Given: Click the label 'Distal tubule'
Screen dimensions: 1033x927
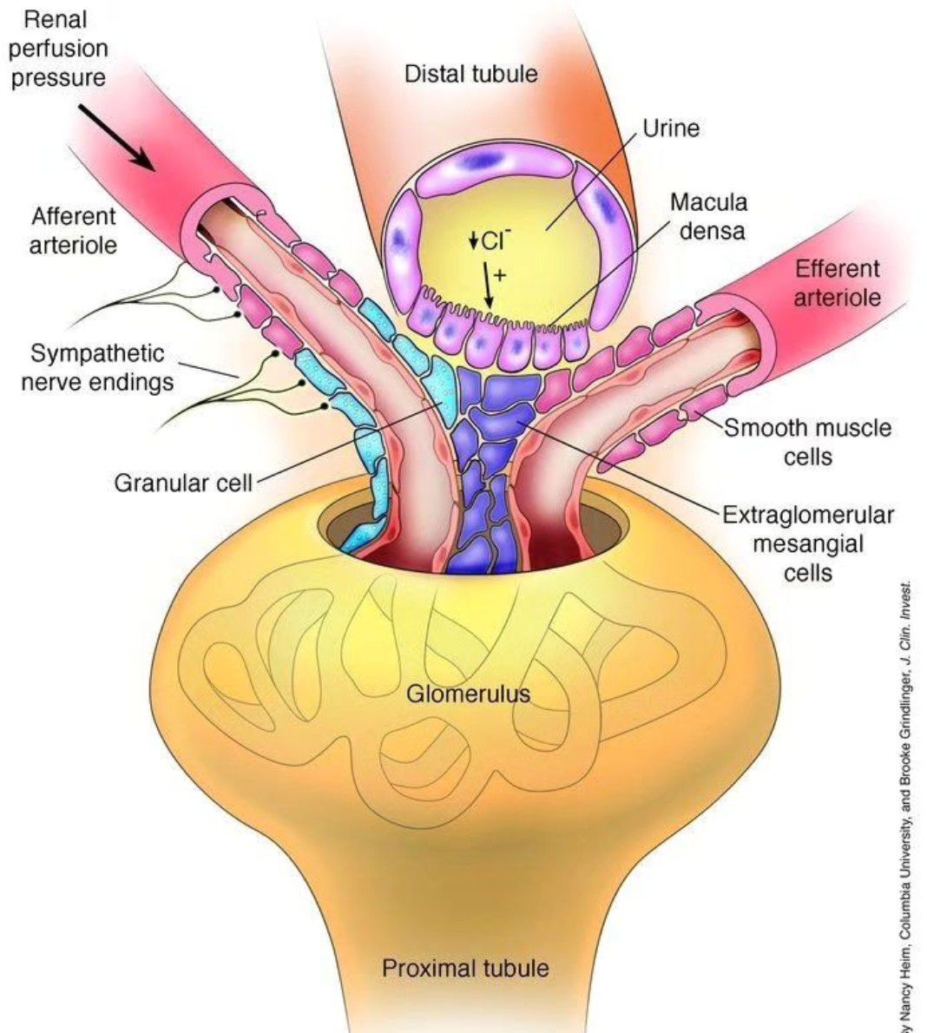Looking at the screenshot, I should (x=470, y=74).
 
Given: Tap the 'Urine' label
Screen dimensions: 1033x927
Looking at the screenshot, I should (x=670, y=128).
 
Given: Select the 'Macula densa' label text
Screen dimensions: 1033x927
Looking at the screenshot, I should (x=707, y=217).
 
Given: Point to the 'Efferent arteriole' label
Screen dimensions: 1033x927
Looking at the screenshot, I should (x=837, y=283).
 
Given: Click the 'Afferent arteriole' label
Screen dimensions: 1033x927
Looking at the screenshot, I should (x=73, y=230).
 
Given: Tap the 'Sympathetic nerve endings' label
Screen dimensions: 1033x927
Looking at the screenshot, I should (x=96, y=367).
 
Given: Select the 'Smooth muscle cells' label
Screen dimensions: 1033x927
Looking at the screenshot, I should (x=807, y=442).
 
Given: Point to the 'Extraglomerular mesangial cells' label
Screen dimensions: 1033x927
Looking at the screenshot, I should (x=807, y=543).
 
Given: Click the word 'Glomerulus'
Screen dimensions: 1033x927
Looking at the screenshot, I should (x=468, y=694).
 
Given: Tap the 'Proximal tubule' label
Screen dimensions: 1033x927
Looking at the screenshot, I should (x=465, y=967).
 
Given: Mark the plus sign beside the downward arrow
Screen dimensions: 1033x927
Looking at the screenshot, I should (x=499, y=275).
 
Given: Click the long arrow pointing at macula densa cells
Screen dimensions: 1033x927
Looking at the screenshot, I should (x=488, y=286).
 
